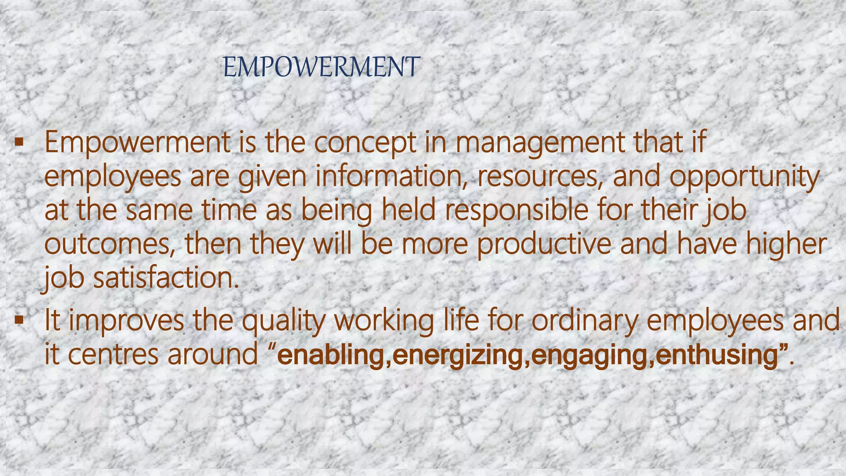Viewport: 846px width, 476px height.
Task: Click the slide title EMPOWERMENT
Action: tap(321, 68)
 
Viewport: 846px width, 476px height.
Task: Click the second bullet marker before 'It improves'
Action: tap(18, 320)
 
